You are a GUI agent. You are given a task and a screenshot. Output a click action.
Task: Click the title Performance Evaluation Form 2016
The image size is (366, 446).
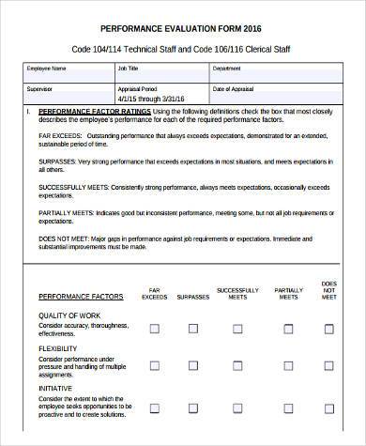point(182,25)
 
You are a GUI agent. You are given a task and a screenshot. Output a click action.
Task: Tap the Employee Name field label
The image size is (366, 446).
point(46,69)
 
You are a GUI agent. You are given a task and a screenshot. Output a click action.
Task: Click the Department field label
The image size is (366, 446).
point(227,69)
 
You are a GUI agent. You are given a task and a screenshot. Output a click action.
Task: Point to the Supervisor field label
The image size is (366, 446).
point(41,88)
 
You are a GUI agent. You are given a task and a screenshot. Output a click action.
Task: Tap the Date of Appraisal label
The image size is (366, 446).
point(233,88)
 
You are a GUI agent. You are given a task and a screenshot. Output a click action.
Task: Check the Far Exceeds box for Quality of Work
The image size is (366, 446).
point(154,330)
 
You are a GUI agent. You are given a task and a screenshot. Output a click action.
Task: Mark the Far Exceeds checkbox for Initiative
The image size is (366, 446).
point(154,406)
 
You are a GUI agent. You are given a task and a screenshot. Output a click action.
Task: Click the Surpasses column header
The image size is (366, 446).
point(193,295)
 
